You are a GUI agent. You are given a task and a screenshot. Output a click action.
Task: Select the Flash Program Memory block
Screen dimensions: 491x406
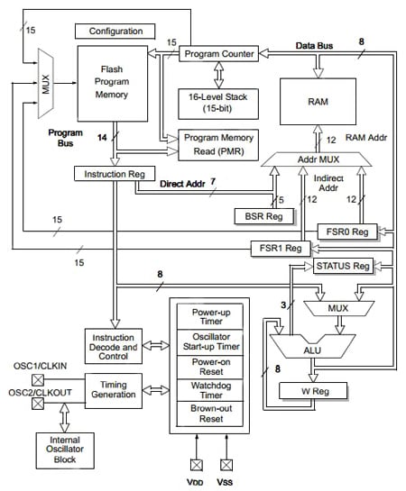tap(113, 84)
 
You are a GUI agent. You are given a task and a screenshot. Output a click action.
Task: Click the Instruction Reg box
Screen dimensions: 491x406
tap(115, 172)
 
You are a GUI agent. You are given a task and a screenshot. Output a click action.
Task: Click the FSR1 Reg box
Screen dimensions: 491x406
tap(280, 248)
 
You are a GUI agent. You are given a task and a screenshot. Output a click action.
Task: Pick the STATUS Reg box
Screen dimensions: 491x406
tap(343, 266)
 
